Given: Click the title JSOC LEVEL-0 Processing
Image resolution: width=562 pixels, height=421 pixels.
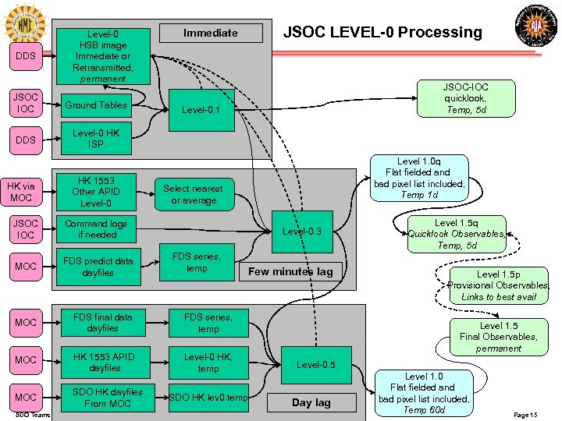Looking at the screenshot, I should (382, 32).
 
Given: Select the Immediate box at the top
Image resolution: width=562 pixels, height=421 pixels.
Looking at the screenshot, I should (210, 33).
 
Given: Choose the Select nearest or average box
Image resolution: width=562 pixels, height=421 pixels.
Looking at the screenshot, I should (194, 194).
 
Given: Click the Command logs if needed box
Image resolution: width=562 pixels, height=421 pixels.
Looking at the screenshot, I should (96, 228).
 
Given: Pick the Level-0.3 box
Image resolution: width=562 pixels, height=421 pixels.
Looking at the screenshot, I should (302, 231).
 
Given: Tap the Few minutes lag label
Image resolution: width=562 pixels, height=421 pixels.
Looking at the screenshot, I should (290, 271).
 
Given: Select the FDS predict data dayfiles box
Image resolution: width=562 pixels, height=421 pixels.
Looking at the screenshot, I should (98, 267).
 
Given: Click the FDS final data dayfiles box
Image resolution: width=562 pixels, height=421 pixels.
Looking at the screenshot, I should (102, 323).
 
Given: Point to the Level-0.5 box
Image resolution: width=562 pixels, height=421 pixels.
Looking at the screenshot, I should (316, 364).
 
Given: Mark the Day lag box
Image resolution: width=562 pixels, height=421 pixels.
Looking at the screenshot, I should (311, 402).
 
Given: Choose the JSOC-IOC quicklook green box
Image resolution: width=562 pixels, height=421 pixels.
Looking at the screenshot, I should (465, 98).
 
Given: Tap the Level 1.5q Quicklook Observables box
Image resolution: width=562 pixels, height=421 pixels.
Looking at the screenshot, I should (457, 233).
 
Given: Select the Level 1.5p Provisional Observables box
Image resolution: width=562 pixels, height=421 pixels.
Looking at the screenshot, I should (499, 285).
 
